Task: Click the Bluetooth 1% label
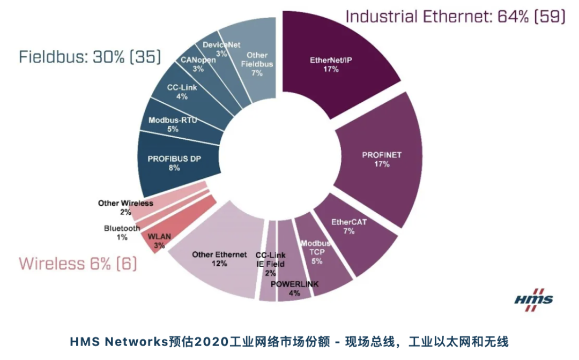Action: click(122, 232)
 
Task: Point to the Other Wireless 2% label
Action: click(125, 207)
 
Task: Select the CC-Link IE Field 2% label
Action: click(270, 264)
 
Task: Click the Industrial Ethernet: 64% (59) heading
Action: click(455, 16)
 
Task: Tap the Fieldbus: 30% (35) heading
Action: click(90, 57)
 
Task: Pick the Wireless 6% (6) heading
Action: click(78, 264)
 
